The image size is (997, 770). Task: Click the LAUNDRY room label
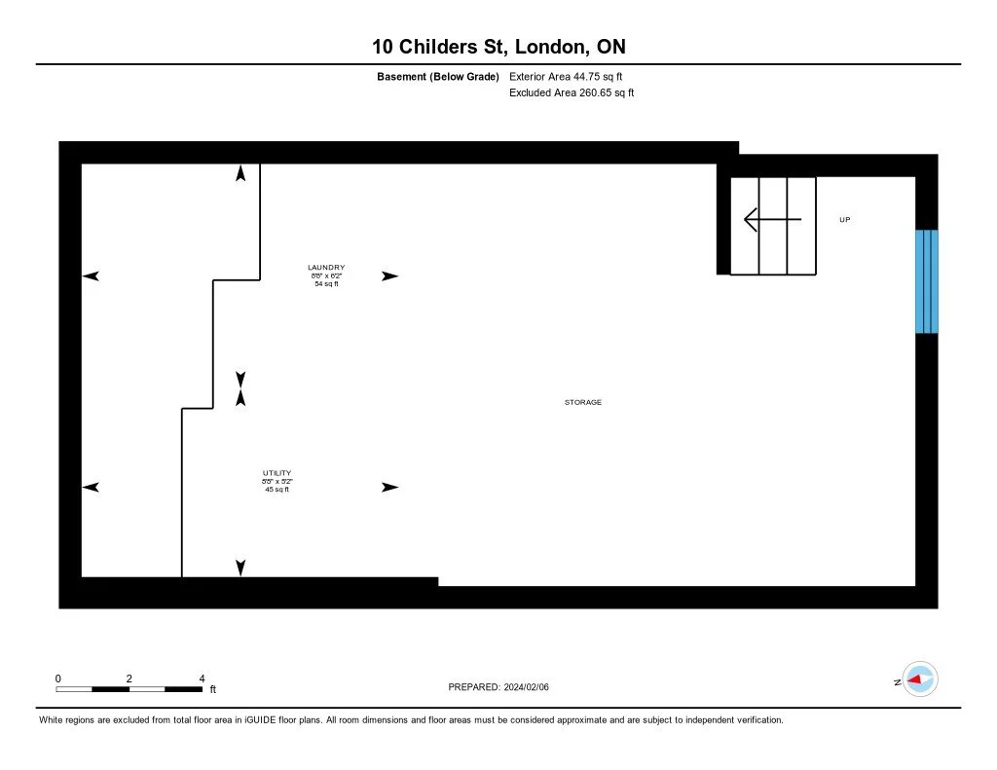click(326, 268)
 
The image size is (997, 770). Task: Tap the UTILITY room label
click(277, 473)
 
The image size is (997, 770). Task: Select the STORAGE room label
click(583, 402)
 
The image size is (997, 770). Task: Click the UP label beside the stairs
click(845, 220)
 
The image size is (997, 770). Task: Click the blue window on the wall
click(926, 281)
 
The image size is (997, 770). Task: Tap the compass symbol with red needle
click(920, 679)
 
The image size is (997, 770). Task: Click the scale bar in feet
click(129, 689)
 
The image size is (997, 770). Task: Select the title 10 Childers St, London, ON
click(498, 47)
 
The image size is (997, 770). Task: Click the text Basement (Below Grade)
click(438, 76)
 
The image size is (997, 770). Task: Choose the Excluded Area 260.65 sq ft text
click(572, 93)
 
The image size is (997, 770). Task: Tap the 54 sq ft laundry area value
click(326, 283)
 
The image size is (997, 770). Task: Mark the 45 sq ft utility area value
click(277, 490)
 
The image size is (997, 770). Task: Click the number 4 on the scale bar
click(201, 678)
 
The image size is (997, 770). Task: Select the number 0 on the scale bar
click(58, 678)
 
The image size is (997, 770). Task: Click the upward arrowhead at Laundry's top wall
click(240, 173)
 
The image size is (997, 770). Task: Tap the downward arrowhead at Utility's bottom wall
click(240, 568)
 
